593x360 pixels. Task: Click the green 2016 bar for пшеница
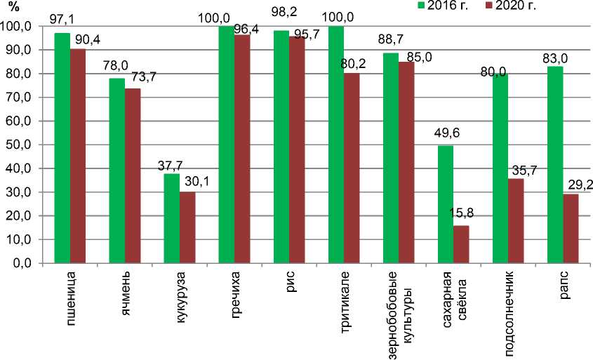pyautogui.click(x=62, y=147)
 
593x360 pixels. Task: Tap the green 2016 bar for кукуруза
pyautogui.click(x=172, y=218)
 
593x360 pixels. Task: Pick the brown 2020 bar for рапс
pyautogui.click(x=571, y=228)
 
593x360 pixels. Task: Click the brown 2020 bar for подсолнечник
pyautogui.click(x=516, y=220)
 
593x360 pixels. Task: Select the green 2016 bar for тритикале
pyautogui.click(x=336, y=144)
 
